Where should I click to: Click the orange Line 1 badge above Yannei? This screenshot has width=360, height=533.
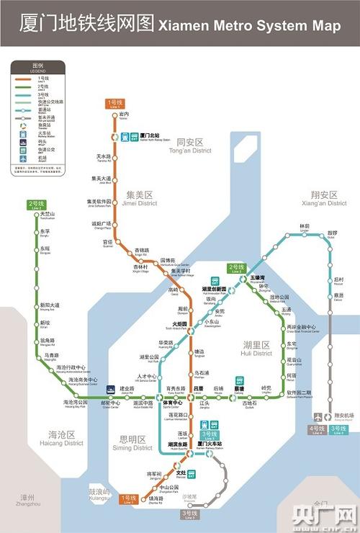[114, 104]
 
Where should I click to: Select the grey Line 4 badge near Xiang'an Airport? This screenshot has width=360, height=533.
[318, 430]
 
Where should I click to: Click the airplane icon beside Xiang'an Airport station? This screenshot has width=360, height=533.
[318, 416]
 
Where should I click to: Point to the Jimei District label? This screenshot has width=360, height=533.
[141, 199]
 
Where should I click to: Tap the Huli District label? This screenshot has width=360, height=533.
[257, 349]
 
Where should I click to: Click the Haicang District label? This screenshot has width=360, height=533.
[66, 439]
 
